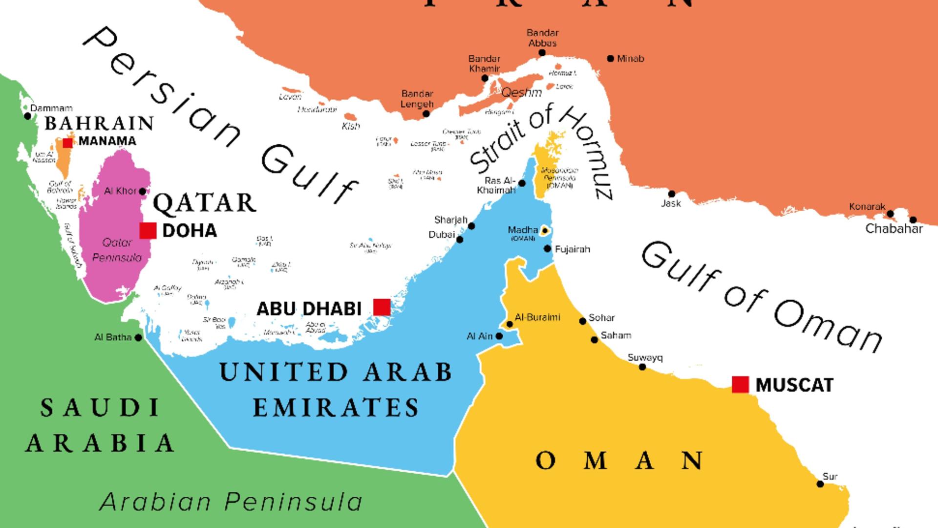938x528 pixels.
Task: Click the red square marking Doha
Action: (x=148, y=230)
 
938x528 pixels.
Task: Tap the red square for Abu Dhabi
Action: (x=382, y=307)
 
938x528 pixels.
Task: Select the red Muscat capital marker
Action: (x=740, y=385)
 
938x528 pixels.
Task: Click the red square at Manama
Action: (x=68, y=142)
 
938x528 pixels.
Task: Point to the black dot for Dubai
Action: (x=460, y=240)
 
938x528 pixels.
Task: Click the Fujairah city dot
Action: (x=547, y=249)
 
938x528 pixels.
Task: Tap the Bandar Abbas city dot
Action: (x=542, y=53)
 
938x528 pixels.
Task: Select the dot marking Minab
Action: (x=610, y=59)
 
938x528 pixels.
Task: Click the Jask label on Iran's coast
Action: (x=671, y=203)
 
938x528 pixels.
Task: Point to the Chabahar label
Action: (x=894, y=228)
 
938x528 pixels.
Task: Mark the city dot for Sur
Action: (x=820, y=484)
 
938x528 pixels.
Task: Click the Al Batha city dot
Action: (x=138, y=337)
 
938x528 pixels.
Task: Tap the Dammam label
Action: (x=51, y=108)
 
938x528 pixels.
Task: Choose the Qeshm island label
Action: (x=521, y=92)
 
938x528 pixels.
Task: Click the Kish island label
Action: (x=351, y=126)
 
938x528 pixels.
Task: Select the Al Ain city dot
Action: (x=499, y=336)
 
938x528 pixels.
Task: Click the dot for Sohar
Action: (x=582, y=321)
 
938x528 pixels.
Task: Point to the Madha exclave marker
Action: (x=544, y=231)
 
